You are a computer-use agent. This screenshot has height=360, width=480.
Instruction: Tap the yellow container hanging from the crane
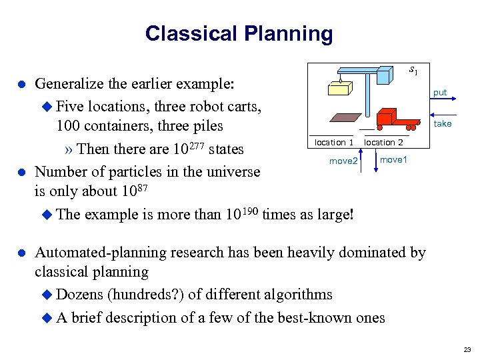(x=339, y=88)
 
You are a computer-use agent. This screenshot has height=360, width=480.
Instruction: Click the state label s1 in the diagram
(x=413, y=69)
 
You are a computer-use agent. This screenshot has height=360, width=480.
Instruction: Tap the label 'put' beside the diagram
(x=440, y=93)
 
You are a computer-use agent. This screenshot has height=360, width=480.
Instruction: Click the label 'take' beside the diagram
(x=443, y=123)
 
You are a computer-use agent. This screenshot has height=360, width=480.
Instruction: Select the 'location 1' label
(x=333, y=142)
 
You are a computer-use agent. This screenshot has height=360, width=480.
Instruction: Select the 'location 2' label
(x=383, y=142)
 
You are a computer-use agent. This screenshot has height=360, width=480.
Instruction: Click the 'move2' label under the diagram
(x=344, y=161)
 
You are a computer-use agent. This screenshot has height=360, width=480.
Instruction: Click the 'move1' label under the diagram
(x=393, y=159)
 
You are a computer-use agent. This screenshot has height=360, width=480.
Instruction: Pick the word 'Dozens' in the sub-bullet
(x=80, y=295)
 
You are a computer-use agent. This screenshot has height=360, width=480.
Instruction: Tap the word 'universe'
(x=227, y=171)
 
